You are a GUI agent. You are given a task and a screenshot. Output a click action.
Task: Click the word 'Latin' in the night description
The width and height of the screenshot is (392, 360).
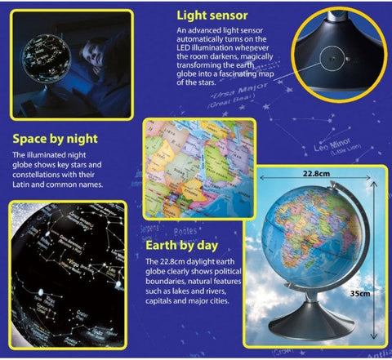tap(24, 185)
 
